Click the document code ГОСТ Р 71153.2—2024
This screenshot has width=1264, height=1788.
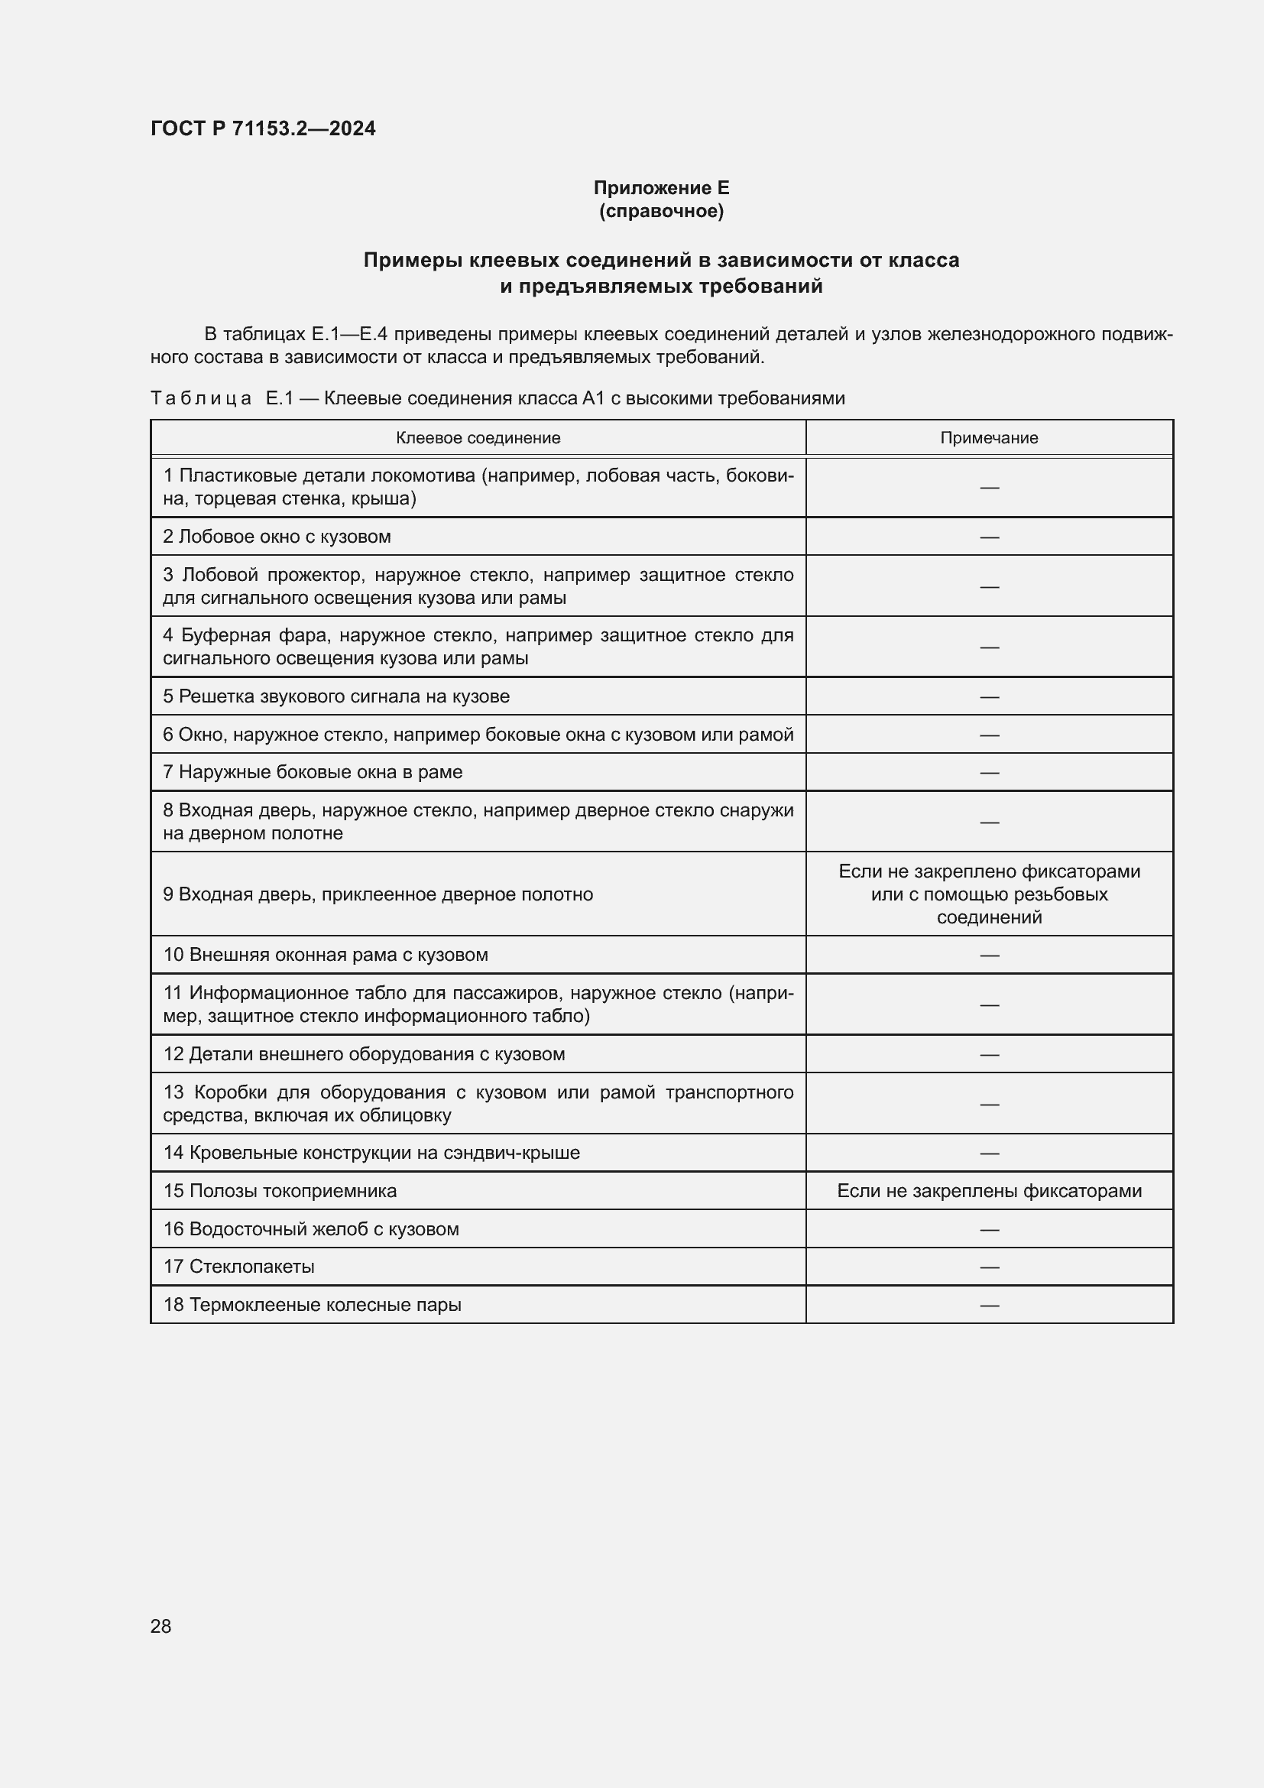click(x=262, y=128)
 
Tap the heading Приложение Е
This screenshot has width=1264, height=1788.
click(x=661, y=188)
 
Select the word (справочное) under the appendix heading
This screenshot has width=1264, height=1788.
click(x=661, y=211)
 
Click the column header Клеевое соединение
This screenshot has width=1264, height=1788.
click(x=478, y=438)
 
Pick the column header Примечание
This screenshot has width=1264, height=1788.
click(x=988, y=438)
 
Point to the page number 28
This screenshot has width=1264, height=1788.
click(x=160, y=1626)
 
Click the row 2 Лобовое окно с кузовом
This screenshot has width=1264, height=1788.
click(x=277, y=537)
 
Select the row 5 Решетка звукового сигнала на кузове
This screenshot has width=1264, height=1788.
click(x=336, y=696)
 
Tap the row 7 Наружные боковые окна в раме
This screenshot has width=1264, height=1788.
click(x=313, y=772)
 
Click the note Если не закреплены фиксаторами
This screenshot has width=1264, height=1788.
click(x=988, y=1191)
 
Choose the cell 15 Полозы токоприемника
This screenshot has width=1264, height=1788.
click(x=280, y=1191)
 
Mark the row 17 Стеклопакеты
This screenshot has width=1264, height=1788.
click(x=239, y=1266)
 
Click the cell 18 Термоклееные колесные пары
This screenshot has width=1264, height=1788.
click(x=312, y=1304)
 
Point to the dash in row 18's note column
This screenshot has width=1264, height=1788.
click(x=988, y=1305)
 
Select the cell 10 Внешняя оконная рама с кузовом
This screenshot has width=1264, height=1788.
click(x=326, y=955)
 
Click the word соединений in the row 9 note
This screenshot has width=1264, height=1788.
click(x=988, y=917)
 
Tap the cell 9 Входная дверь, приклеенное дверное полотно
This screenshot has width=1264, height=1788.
click(x=378, y=894)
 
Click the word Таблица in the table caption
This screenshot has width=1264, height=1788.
click(x=201, y=399)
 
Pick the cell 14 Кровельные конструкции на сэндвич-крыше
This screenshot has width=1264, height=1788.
click(x=371, y=1153)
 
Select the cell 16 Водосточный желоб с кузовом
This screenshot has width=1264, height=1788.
click(x=311, y=1229)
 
